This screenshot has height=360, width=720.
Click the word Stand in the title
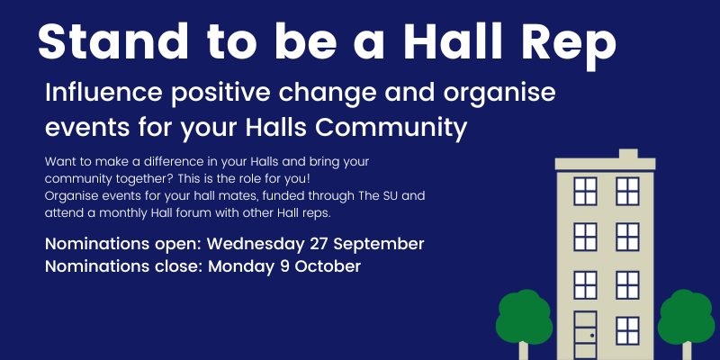click(113, 41)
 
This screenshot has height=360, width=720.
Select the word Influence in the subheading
click(103, 93)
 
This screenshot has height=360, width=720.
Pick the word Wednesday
click(256, 244)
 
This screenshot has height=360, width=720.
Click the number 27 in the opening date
click(319, 244)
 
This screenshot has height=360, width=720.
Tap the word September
click(379, 245)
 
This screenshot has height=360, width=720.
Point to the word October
click(328, 266)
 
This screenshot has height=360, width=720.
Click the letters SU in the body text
click(393, 196)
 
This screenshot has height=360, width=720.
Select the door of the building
click(585, 335)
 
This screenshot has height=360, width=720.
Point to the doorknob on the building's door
click(592, 336)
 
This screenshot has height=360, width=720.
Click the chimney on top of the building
click(628, 153)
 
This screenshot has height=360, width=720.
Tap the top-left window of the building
click(585, 191)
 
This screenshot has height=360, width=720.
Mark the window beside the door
click(627, 330)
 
